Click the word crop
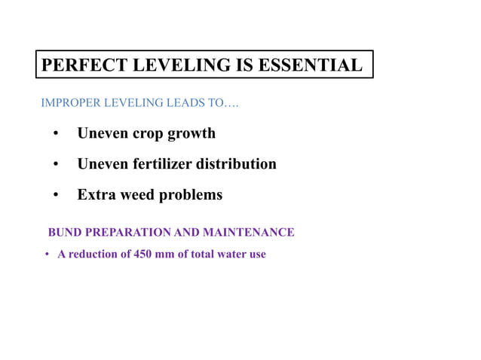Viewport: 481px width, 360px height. [x=150, y=133]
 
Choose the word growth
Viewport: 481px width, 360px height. [x=193, y=133]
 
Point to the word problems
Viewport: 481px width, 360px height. [x=190, y=194]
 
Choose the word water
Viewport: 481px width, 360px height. [x=231, y=254]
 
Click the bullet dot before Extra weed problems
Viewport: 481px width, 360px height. [x=56, y=195]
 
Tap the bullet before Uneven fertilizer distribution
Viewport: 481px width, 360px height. [x=56, y=164]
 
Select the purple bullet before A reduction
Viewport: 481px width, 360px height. [x=46, y=255]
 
